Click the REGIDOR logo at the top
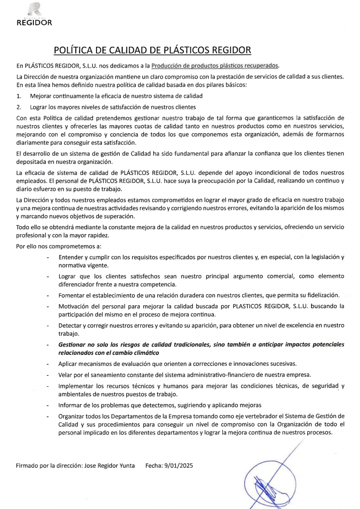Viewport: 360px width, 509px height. coord(34,15)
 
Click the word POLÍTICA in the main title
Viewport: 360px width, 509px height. coord(75,50)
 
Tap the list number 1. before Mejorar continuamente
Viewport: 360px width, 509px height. coord(19,95)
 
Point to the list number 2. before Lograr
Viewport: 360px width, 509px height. coord(19,106)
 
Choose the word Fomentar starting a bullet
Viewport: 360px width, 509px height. coord(74,295)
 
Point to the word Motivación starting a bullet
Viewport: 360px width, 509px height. coord(76,306)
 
